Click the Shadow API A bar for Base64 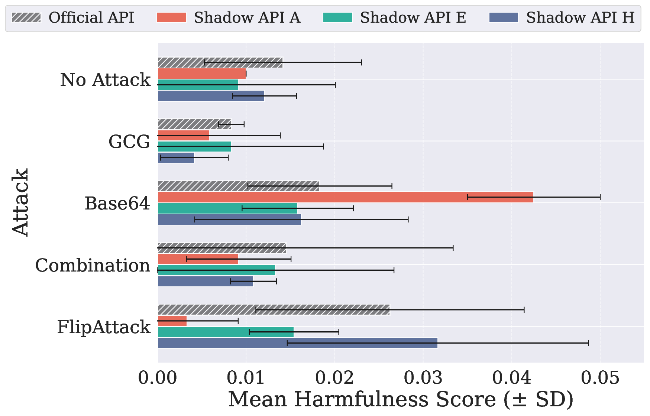[x=346, y=197]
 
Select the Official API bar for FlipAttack [x=274, y=309]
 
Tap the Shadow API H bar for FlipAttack [x=298, y=343]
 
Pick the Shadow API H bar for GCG [x=176, y=157]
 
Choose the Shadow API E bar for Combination [x=217, y=270]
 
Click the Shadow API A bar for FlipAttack [x=172, y=321]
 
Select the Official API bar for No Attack [x=220, y=62]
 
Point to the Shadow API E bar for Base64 [x=228, y=208]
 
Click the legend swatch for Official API [x=26, y=17]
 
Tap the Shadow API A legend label [x=247, y=17]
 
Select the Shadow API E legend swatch [x=337, y=17]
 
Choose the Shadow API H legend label [x=580, y=17]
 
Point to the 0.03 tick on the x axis [x=423, y=378]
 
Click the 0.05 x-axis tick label [x=600, y=378]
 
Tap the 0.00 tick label [x=158, y=378]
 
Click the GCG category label [x=129, y=142]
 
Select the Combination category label [x=93, y=265]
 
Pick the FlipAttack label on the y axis [x=104, y=327]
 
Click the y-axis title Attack [x=20, y=202]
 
